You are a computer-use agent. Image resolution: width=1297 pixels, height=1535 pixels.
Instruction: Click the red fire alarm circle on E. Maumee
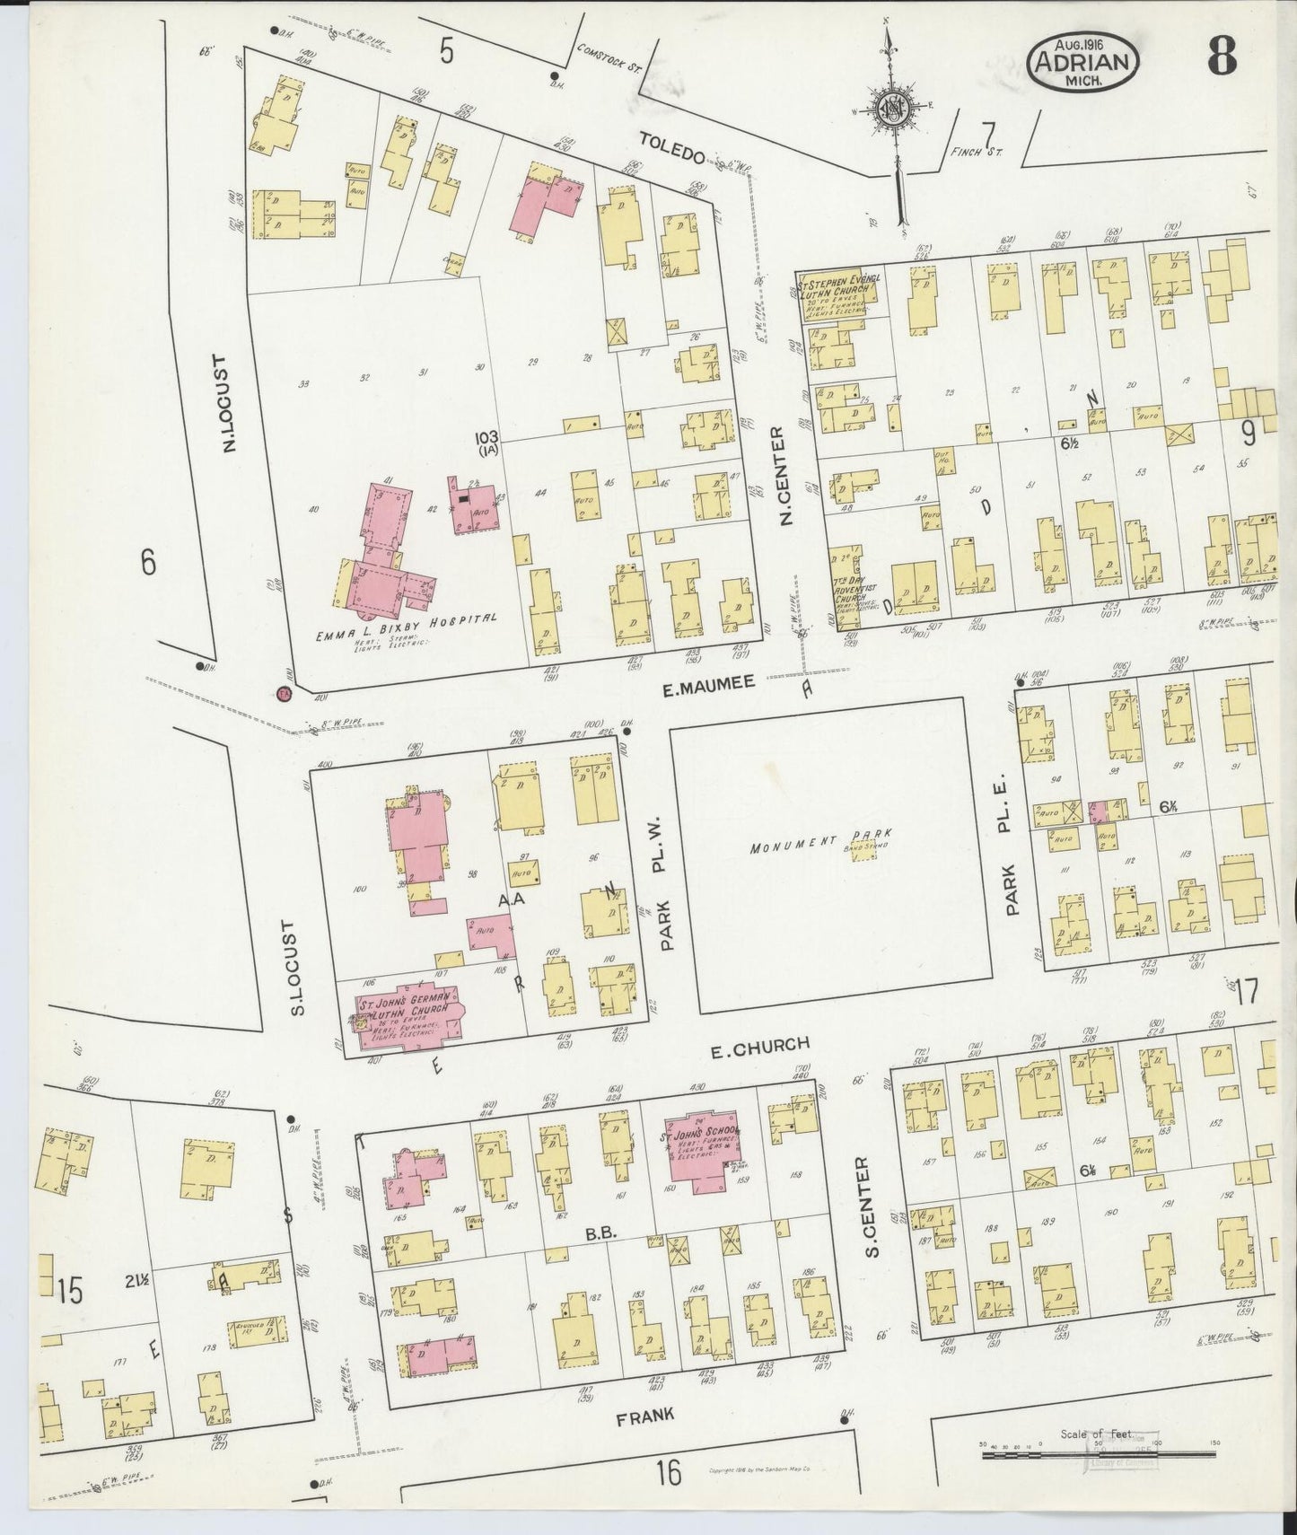pyautogui.click(x=285, y=693)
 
